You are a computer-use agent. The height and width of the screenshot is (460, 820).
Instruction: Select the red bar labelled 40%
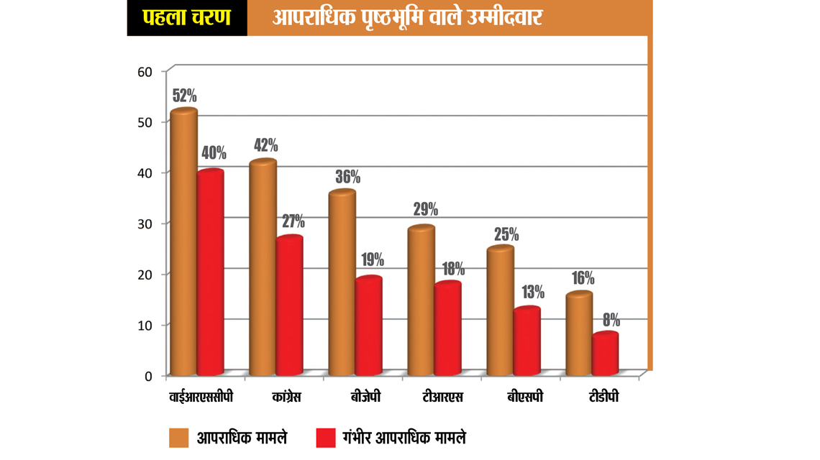point(210,273)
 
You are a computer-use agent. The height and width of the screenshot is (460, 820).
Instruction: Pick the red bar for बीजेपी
point(368,326)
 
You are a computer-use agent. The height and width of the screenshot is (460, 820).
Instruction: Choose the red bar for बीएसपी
point(527,341)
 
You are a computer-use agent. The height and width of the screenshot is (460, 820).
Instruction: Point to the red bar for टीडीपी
point(606,354)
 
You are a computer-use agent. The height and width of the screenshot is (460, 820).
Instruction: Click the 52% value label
point(184,96)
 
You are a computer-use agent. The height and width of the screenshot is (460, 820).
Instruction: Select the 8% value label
point(611,320)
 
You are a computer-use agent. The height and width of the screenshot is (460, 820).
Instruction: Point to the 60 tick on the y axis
point(145,71)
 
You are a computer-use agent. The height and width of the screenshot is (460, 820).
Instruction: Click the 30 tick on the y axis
point(145,224)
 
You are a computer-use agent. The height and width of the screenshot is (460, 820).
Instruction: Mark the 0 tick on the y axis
point(148,376)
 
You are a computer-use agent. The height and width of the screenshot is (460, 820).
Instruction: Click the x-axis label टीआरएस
point(442,397)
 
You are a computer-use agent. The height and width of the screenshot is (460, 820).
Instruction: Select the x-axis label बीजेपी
point(365,397)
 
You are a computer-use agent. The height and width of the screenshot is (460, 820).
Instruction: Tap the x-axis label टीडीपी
point(600,397)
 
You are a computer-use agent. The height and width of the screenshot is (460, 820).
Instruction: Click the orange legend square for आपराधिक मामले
point(178,437)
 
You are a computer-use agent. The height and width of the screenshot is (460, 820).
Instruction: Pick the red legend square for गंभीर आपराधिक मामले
point(325,437)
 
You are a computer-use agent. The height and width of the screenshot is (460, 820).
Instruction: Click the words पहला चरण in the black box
point(186,17)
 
